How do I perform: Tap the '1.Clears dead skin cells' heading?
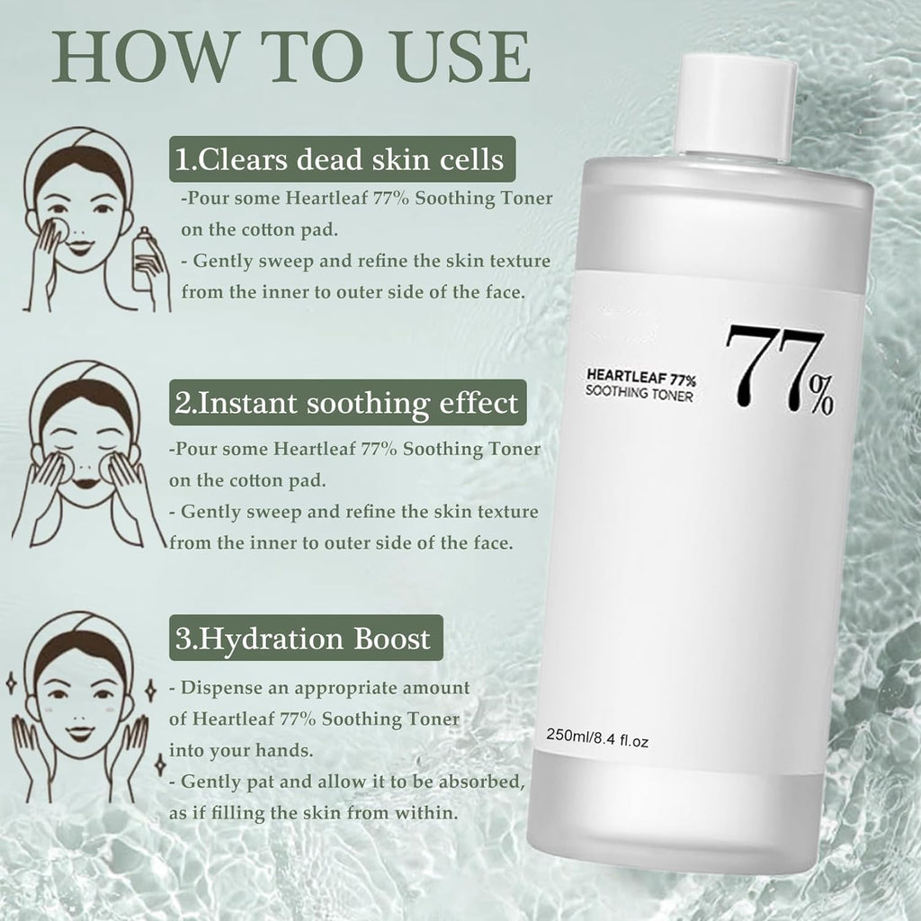[x=339, y=160]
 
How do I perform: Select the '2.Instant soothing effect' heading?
[x=347, y=402]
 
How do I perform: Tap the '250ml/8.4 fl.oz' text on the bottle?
[x=597, y=741]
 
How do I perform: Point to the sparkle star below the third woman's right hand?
[x=160, y=765]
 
